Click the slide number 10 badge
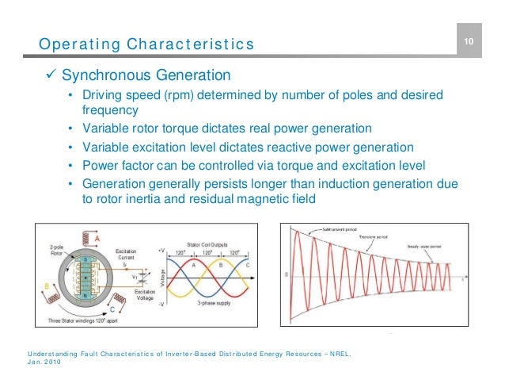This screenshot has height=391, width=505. (x=468, y=41)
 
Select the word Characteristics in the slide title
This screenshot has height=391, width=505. (x=189, y=44)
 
